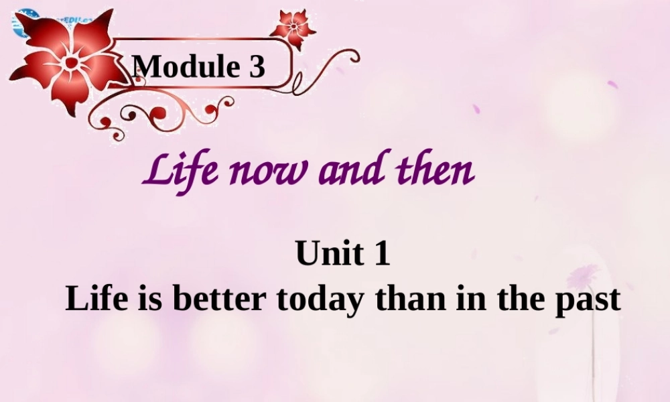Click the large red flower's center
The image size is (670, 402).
click(x=70, y=62)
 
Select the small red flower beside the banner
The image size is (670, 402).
click(x=292, y=27)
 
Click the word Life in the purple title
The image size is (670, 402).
click(x=172, y=173)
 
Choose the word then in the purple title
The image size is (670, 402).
click(x=435, y=173)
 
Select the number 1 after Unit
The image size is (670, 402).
click(x=381, y=255)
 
